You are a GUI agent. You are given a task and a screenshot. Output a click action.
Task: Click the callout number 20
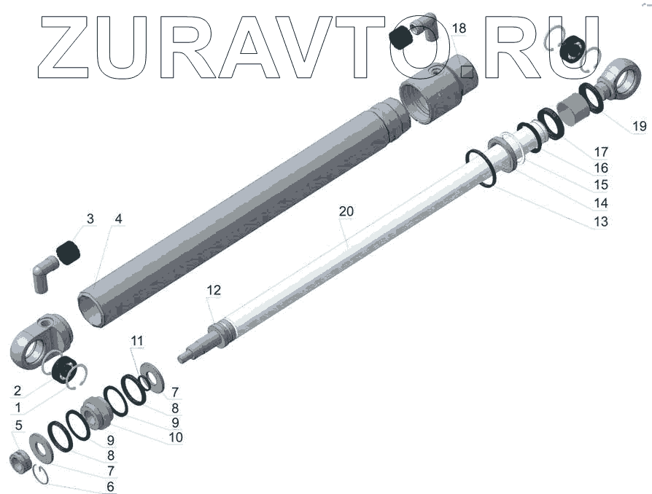tap(346, 211)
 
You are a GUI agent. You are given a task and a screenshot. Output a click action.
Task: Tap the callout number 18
tap(459, 28)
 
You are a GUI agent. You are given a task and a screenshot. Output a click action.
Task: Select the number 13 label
tap(601, 221)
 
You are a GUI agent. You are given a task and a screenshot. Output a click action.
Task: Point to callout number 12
tap(214, 290)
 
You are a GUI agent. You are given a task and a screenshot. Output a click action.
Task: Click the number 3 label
tap(90, 219)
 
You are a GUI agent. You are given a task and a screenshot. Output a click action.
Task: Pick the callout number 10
tap(176, 437)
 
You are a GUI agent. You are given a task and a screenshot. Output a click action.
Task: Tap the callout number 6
tap(110, 486)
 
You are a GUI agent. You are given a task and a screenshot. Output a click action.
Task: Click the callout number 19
tap(639, 125)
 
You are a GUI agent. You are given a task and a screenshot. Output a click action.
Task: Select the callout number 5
tap(18, 425)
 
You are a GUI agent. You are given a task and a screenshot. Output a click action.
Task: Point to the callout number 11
tap(137, 341)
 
